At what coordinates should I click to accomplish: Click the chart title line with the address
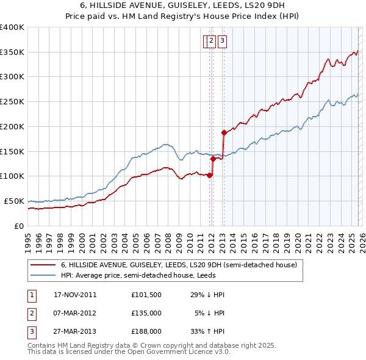tap(182, 5)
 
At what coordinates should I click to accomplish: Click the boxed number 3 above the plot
tap(222, 41)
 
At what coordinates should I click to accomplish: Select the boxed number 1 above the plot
tap(206, 41)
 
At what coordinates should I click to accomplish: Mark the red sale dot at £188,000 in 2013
tap(224, 132)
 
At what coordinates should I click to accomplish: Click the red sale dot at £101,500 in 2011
tap(209, 175)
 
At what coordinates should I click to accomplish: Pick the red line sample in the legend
tap(43, 265)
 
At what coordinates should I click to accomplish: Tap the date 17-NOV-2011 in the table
tap(75, 295)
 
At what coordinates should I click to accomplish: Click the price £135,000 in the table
tap(146, 313)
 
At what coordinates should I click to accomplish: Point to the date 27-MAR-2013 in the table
tap(75, 331)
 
